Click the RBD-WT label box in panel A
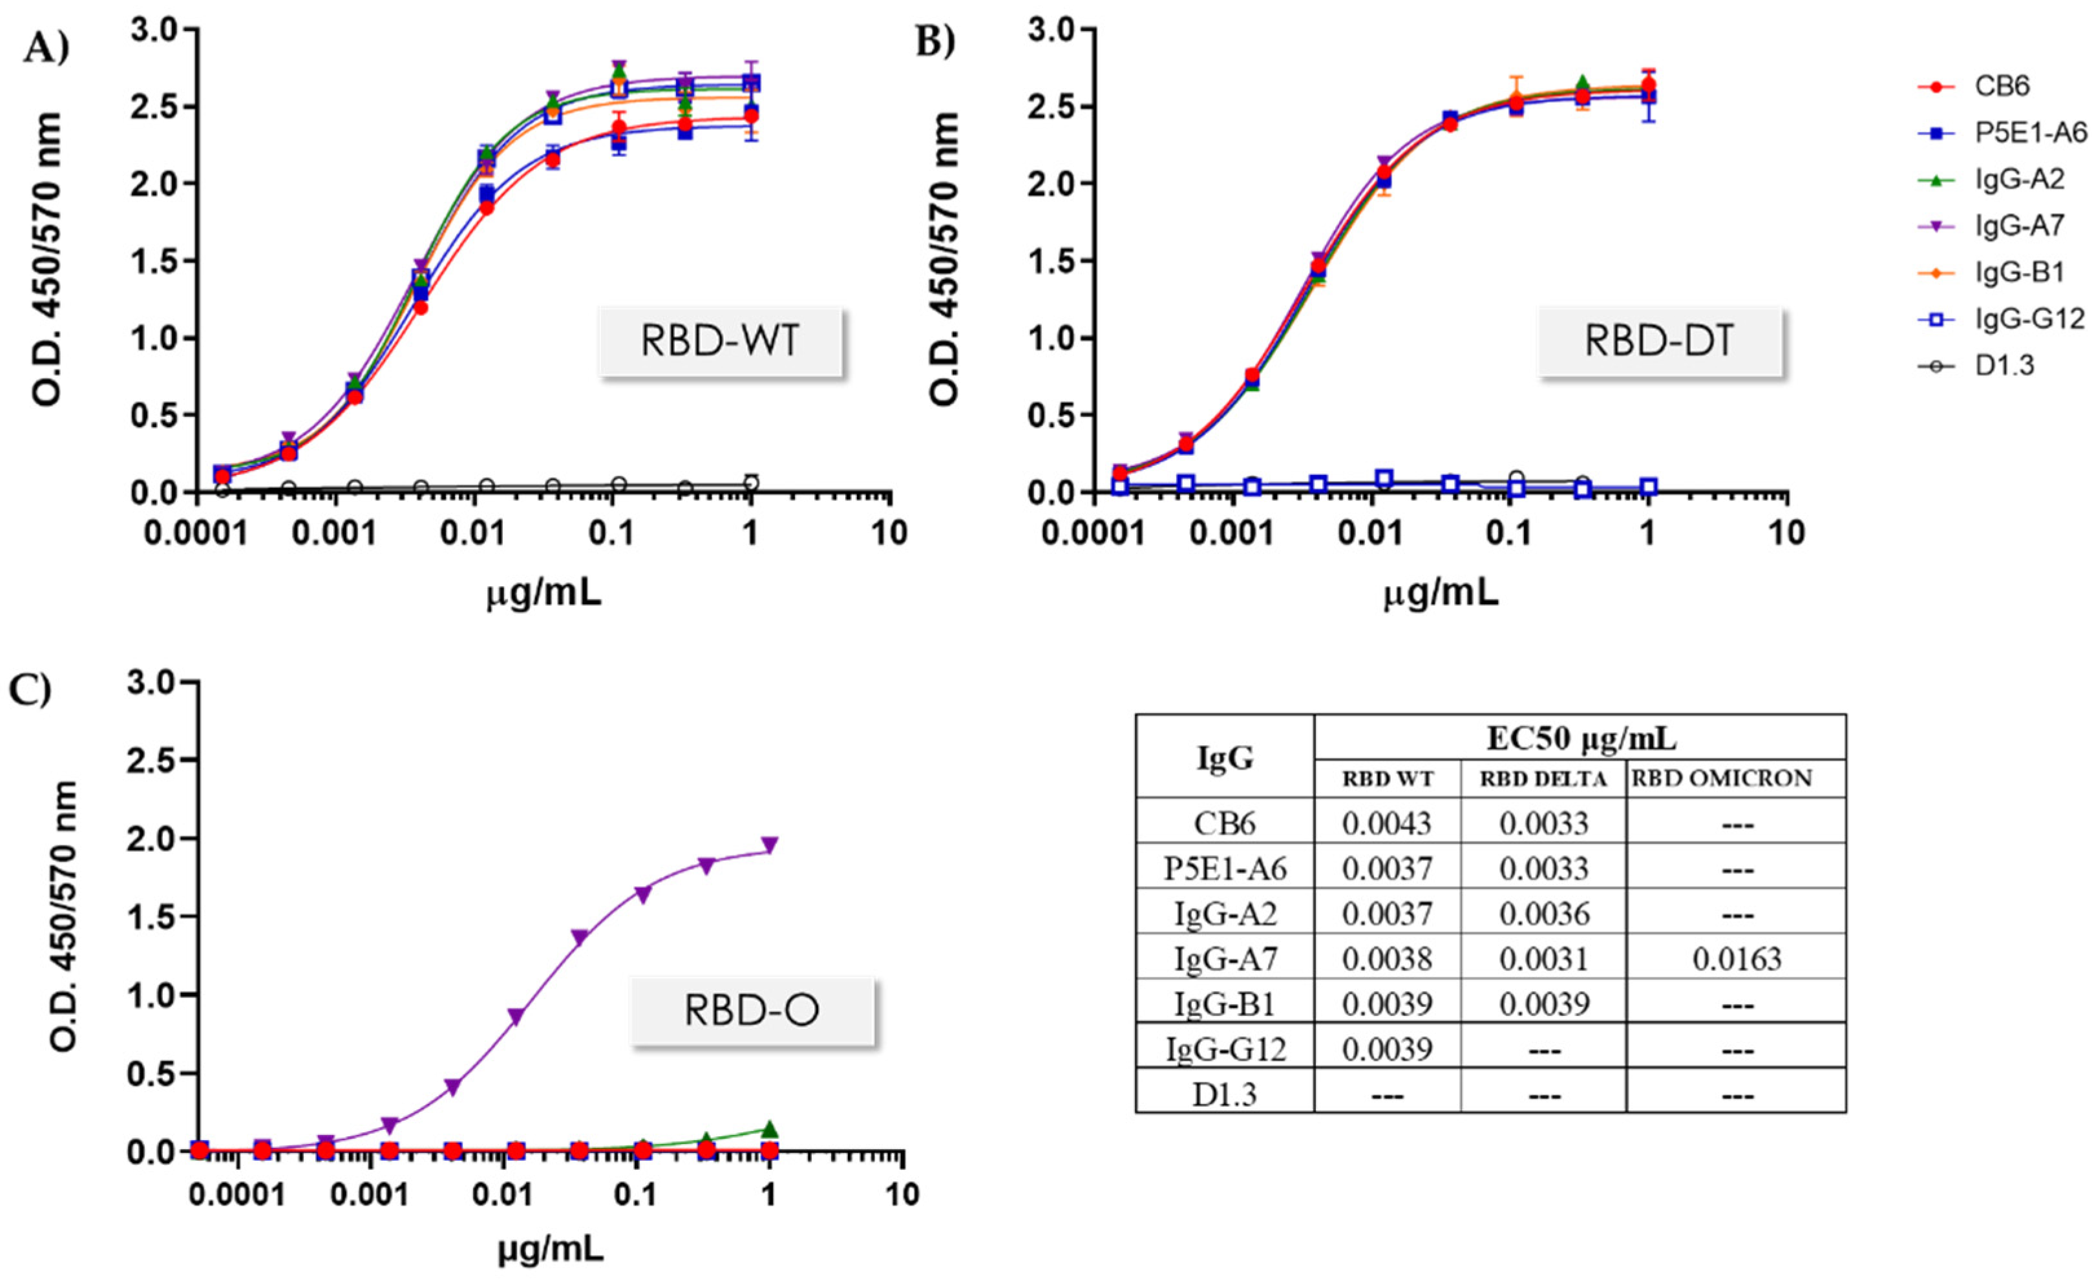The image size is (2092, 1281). click(x=720, y=341)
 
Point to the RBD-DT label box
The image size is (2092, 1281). click(x=1659, y=341)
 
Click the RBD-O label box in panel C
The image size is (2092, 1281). click(x=752, y=1010)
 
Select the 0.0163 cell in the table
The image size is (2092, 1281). click(x=1737, y=958)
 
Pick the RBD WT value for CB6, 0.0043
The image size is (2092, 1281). click(x=1386, y=823)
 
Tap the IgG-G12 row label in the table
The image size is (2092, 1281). click(x=1225, y=1049)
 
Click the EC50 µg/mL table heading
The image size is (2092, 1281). click(x=1580, y=739)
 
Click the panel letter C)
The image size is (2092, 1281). click(x=30, y=690)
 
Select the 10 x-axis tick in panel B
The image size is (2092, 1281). click(x=1786, y=533)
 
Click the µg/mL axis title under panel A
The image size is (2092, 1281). click(x=544, y=593)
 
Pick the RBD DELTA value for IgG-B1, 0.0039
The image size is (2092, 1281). click(x=1543, y=1004)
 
